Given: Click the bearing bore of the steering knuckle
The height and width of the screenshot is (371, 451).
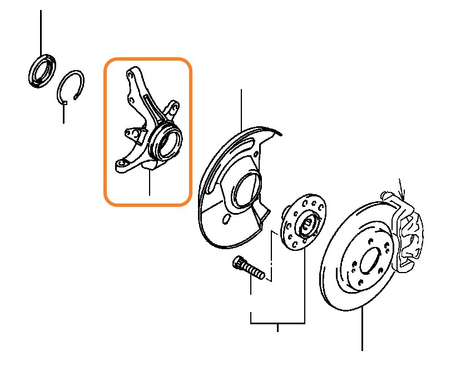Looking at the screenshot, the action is coord(167,142).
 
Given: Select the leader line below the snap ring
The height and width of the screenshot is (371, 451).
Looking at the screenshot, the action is coord(63,113).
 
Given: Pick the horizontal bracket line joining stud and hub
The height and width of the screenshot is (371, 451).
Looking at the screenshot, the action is coord(277,323).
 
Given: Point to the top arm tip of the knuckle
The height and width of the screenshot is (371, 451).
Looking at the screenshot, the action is coord(131,72).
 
